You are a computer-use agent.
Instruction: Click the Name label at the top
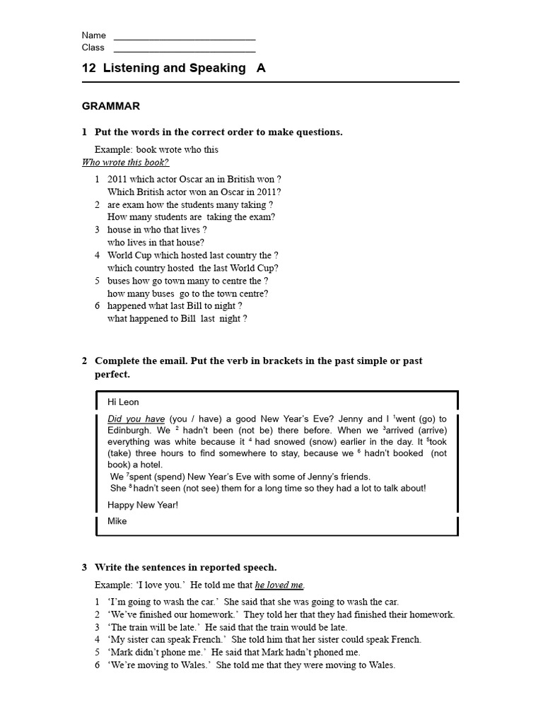(x=93, y=35)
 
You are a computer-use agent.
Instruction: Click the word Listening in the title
(x=135, y=69)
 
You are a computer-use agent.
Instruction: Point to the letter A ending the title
(x=261, y=69)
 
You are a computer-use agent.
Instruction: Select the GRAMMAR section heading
(x=111, y=106)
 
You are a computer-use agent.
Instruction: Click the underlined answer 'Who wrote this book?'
(x=125, y=163)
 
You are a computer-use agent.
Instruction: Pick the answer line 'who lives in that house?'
(x=156, y=243)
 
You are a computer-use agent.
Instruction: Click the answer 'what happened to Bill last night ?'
(x=177, y=319)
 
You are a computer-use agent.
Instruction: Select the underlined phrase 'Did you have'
(x=136, y=419)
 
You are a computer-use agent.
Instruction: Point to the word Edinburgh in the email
(x=129, y=431)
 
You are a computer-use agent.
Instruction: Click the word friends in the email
(x=354, y=477)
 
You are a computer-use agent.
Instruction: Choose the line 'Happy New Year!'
(x=142, y=505)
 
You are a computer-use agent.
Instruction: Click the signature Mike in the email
(x=117, y=521)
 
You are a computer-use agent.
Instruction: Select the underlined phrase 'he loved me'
(x=279, y=585)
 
